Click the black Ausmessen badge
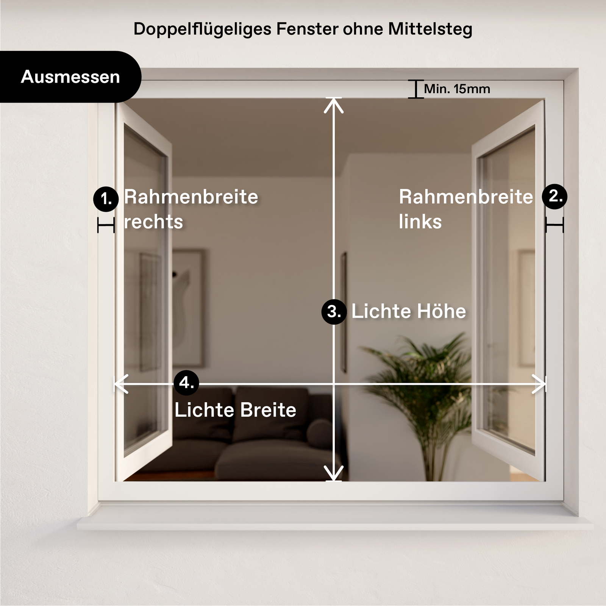(x=70, y=77)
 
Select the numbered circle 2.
(x=554, y=196)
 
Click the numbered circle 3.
(x=334, y=312)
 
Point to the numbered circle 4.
(x=186, y=383)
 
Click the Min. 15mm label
(x=457, y=89)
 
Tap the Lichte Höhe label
(x=409, y=311)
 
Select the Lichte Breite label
(x=235, y=410)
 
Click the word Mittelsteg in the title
(x=430, y=29)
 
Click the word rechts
(x=153, y=222)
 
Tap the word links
(x=420, y=222)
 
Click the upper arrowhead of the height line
(x=334, y=104)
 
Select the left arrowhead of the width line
(x=120, y=384)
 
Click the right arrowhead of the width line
(x=540, y=384)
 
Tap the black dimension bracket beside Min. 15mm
(x=415, y=89)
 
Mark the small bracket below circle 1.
(x=106, y=225)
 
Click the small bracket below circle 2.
(x=554, y=225)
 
